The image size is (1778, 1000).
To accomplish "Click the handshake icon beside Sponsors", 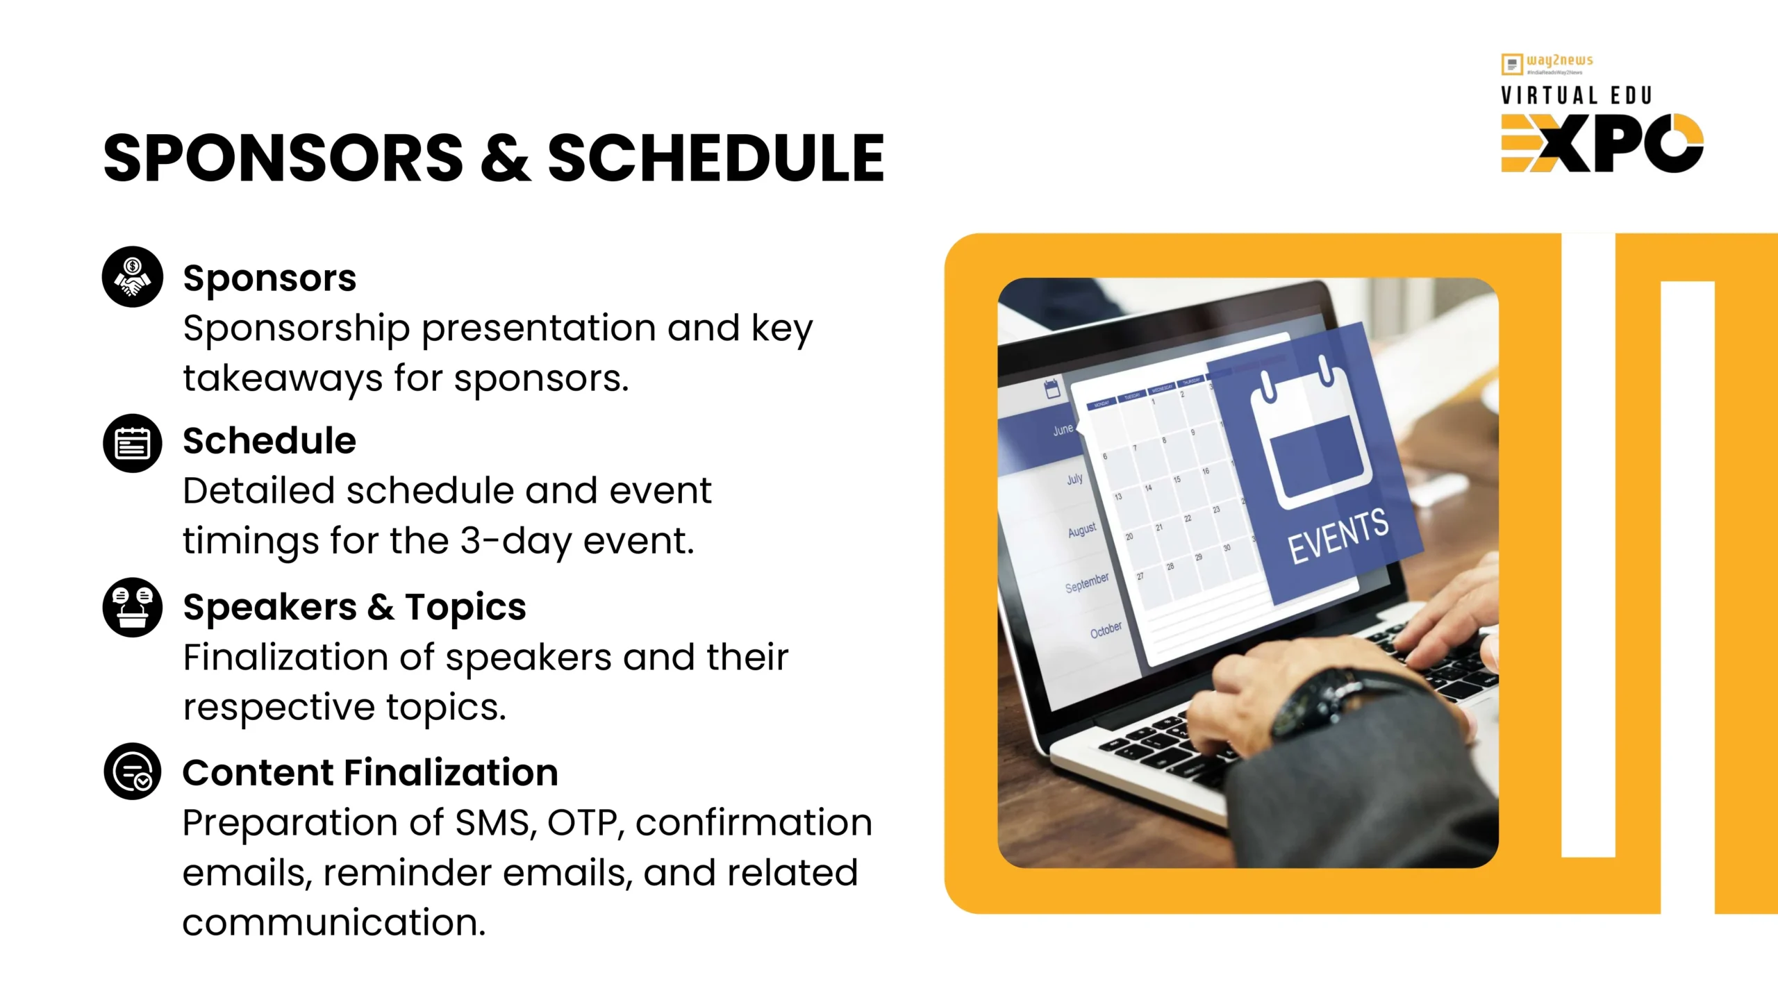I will coord(132,276).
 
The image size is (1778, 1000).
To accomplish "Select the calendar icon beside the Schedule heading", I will coord(132,443).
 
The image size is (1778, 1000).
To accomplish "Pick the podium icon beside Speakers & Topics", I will coord(132,607).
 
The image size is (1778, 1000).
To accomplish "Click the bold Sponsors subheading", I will coord(269,278).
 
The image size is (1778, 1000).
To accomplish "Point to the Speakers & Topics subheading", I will coord(354,607).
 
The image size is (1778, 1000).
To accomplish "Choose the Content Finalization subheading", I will coord(370,772).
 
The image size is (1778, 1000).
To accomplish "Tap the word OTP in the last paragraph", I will coord(582,823).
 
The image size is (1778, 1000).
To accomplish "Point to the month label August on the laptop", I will coord(1081,531).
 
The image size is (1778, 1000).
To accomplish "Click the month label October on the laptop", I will coord(1105,630).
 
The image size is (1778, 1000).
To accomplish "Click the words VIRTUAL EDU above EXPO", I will coord(1576,95).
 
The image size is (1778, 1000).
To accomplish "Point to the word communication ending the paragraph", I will coord(333,923).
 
